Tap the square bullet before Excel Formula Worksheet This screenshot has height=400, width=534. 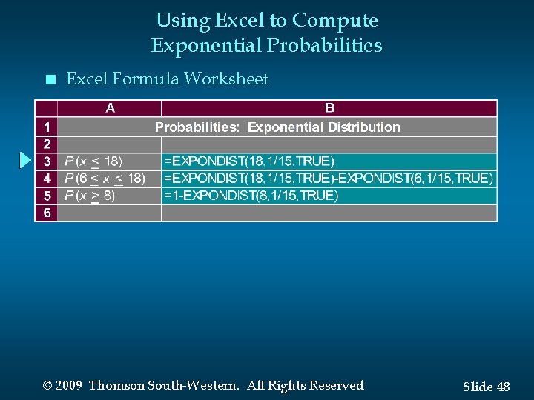(49, 79)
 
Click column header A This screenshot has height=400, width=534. (110, 108)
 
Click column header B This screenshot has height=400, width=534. (329, 108)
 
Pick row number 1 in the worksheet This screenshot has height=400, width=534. (47, 127)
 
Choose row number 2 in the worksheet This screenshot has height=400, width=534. (47, 144)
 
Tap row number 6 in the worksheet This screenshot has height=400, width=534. (47, 213)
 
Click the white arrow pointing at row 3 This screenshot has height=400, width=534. (25, 160)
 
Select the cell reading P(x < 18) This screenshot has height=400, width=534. (93, 161)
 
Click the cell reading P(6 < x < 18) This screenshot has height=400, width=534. (105, 178)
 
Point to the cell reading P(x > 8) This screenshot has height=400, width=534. (90, 196)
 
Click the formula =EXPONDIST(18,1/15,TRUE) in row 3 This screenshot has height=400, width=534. (249, 161)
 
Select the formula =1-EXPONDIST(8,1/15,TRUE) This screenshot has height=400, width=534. (251, 196)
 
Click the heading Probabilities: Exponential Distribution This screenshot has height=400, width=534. (277, 127)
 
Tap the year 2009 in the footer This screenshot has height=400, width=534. (68, 385)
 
